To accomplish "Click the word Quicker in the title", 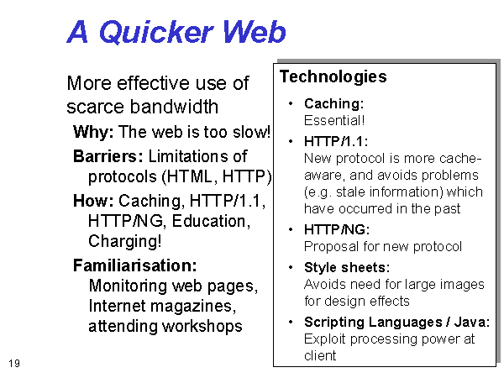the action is coord(156,32).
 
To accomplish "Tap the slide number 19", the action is coord(14,364).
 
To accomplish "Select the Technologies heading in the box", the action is coord(333,77).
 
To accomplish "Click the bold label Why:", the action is coord(93,132).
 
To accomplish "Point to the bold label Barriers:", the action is coord(108,156).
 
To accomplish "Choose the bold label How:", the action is coord(93,201).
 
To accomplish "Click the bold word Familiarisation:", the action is coord(135,265).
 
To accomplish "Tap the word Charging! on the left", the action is coord(124,241).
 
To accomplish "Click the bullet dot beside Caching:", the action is coord(291,103).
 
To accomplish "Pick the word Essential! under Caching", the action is coord(334,120).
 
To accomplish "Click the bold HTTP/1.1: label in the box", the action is coord(336,141).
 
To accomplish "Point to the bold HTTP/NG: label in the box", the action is coord(337,229).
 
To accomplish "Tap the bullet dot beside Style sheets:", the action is coord(291,267).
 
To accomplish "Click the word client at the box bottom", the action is coord(320,356).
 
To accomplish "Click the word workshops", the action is coord(202,327).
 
